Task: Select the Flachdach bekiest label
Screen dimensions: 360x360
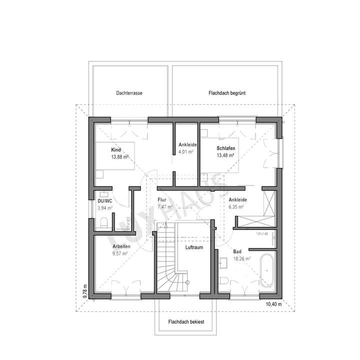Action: click(x=186, y=322)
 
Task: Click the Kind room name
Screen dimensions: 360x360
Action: click(x=116, y=150)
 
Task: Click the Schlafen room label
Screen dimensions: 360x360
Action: click(x=226, y=148)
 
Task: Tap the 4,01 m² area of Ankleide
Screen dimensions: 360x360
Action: click(x=186, y=152)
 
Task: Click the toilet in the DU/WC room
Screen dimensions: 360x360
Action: click(x=104, y=222)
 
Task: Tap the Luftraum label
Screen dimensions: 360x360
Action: click(x=193, y=247)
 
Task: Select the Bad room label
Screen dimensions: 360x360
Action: click(x=237, y=252)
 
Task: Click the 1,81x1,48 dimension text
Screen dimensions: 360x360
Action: click(x=261, y=233)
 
